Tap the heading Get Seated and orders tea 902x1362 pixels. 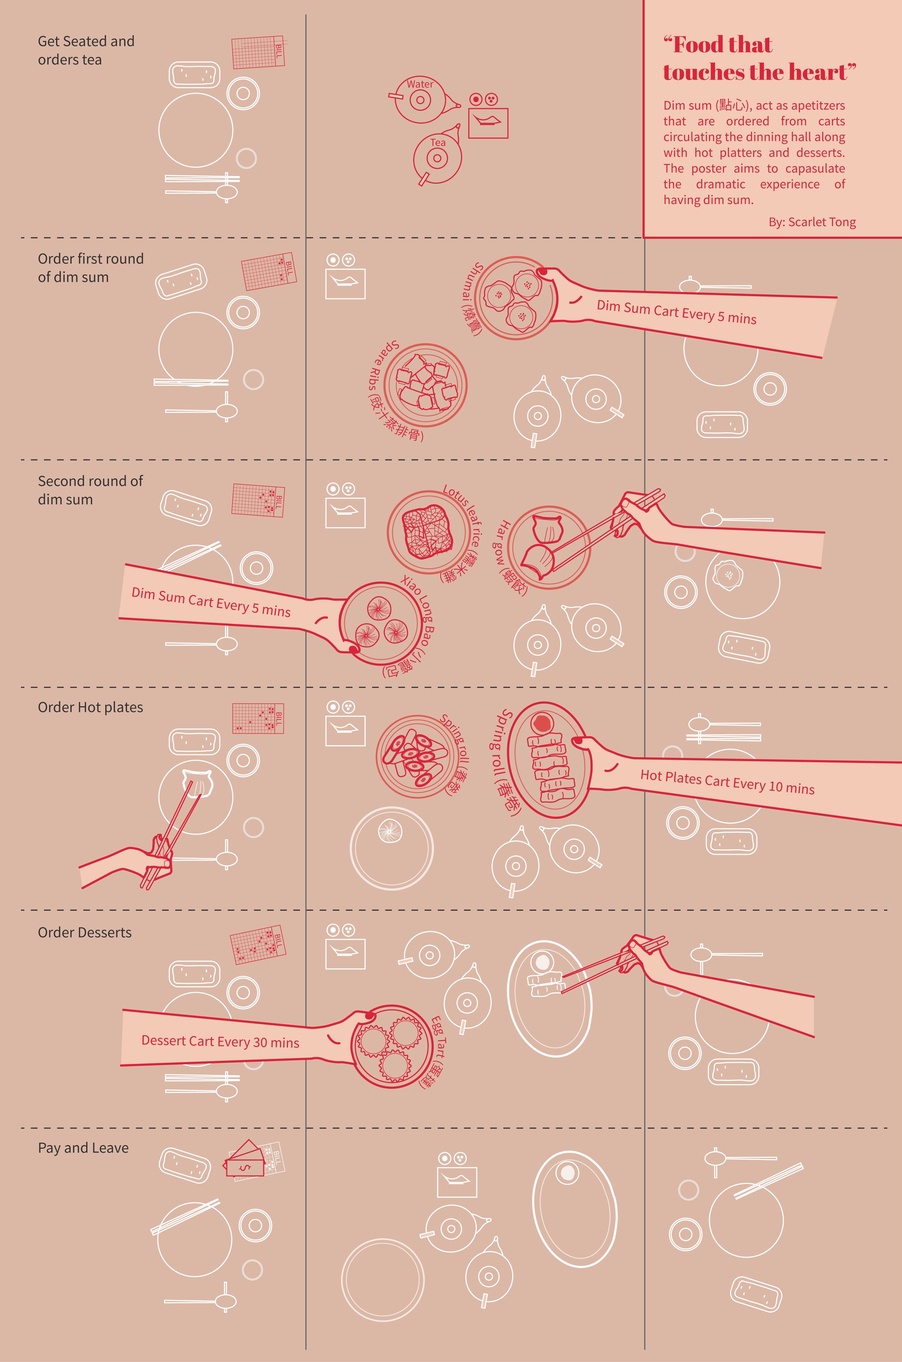(x=86, y=51)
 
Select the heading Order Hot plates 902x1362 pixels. (x=90, y=707)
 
